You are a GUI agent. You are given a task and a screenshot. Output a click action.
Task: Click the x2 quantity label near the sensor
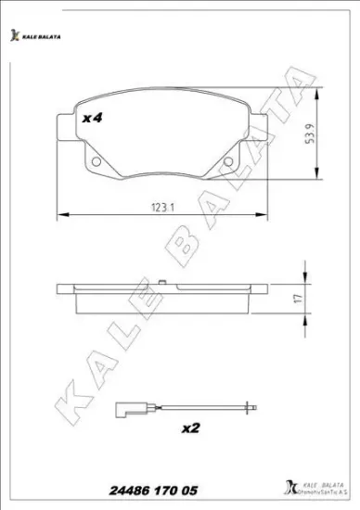(190, 428)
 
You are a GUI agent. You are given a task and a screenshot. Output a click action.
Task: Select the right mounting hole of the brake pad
(230, 164)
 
